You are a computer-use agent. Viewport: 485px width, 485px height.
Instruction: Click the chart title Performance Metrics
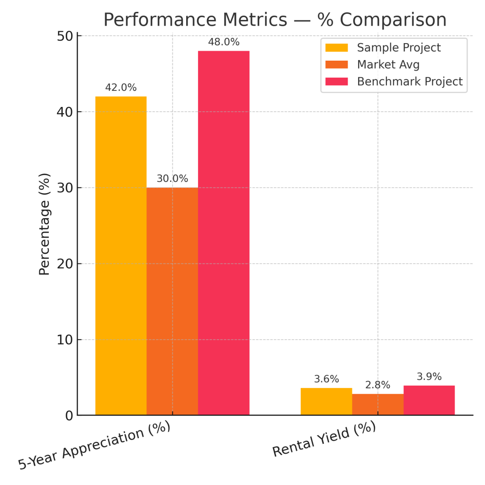tap(275, 20)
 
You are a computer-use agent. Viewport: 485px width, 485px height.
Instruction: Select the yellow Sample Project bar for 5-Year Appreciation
tap(121, 256)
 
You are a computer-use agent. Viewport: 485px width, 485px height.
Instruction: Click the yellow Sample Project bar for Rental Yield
tap(326, 402)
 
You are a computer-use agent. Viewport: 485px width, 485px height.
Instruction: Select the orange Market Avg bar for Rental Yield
tap(377, 404)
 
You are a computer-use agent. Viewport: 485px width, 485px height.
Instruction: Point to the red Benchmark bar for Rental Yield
tap(429, 400)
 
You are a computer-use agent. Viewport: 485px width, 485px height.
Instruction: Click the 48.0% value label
tap(224, 42)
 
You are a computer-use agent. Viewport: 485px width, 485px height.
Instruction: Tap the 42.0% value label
tap(121, 88)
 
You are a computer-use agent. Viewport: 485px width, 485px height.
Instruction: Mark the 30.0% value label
tap(172, 179)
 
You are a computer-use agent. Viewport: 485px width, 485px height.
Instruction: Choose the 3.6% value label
tap(326, 379)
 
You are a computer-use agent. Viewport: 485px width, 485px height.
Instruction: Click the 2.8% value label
tap(377, 385)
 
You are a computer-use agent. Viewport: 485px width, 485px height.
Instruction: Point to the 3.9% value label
tap(429, 377)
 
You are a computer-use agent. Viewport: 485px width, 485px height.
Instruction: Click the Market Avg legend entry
tap(388, 64)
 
